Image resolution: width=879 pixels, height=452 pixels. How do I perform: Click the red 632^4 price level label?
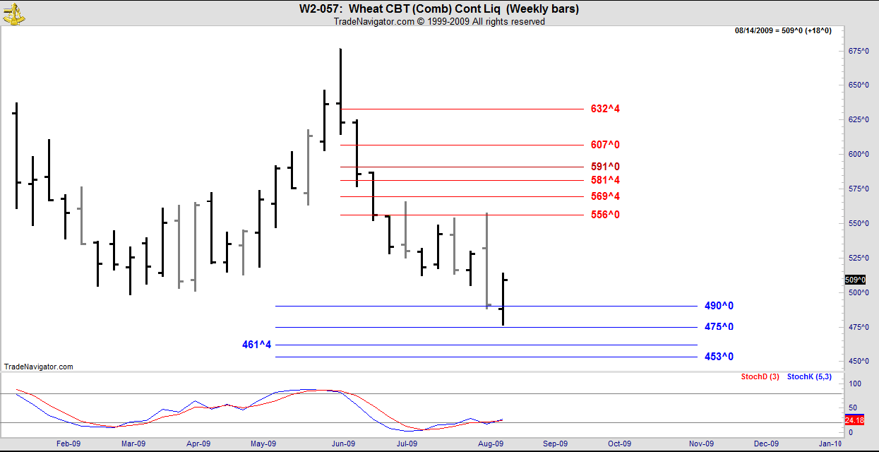pos(605,109)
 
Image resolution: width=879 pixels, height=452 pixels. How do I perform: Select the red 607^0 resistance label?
pos(605,145)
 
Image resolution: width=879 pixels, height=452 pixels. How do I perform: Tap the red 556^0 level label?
pos(605,214)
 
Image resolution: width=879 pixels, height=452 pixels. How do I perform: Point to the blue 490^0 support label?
pos(719,306)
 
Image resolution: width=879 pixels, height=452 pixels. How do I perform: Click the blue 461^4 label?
pos(256,345)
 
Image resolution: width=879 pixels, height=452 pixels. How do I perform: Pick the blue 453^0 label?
pos(719,357)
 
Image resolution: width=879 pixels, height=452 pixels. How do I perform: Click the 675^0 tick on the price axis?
pos(858,51)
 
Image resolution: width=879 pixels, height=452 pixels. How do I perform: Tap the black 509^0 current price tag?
pos(855,280)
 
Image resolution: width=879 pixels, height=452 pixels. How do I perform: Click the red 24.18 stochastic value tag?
pos(854,420)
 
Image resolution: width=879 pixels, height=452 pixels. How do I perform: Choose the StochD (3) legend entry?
pos(760,376)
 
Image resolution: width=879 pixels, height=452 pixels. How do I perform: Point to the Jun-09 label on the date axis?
pos(343,444)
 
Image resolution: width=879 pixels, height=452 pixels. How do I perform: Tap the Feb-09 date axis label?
pos(68,444)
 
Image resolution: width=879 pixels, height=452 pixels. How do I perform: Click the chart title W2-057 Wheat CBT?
pos(439,9)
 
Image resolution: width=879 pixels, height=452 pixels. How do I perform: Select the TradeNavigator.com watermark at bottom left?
pos(38,367)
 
